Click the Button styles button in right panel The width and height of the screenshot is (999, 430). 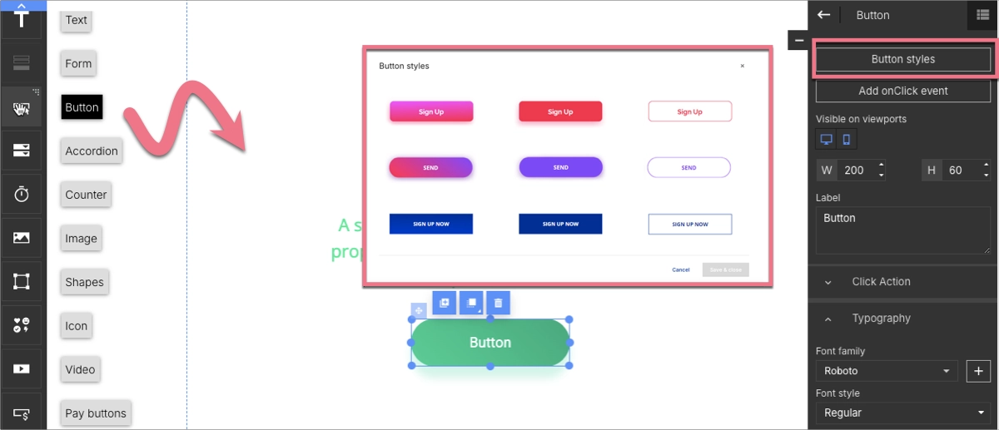tap(902, 60)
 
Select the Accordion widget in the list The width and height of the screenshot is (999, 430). tap(92, 151)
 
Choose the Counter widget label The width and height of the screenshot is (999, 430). tap(86, 195)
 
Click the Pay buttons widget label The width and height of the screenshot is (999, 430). tap(96, 413)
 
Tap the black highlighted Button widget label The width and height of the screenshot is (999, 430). tap(82, 107)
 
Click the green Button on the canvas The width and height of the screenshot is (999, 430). tap(490, 343)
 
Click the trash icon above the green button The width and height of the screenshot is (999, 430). tap(498, 304)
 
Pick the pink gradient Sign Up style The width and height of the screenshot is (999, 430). tap(431, 111)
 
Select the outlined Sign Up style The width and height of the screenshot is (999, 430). tap(689, 111)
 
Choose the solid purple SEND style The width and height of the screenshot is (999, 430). tap(560, 167)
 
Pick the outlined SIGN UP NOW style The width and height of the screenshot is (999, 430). tap(689, 224)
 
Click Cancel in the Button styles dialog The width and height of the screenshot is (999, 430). tap(681, 269)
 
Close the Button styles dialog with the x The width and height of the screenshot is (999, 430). tap(743, 66)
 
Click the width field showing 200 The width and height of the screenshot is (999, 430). tap(855, 171)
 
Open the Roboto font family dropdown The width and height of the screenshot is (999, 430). tap(887, 371)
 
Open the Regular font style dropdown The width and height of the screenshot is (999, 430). tap(902, 413)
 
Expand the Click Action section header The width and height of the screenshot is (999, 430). tap(881, 282)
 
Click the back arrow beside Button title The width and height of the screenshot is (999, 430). tap(824, 15)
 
